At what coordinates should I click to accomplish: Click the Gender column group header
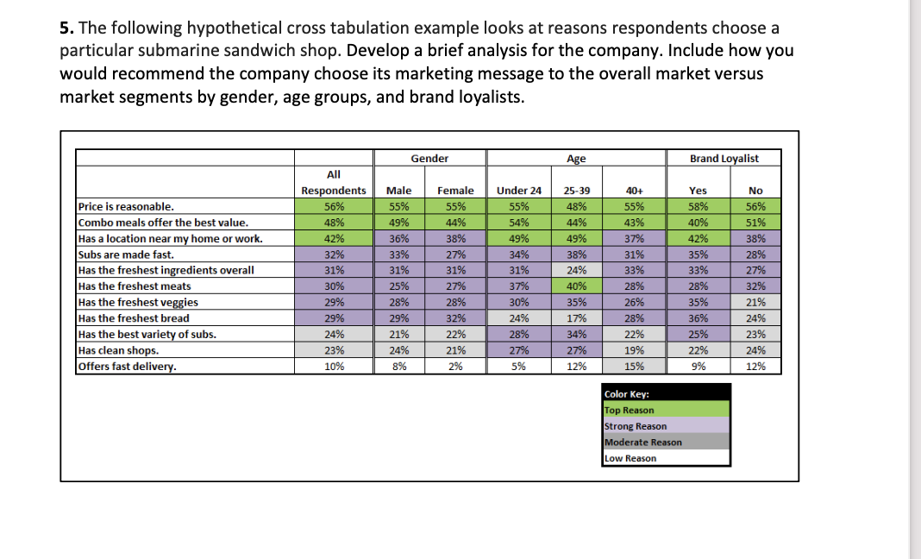click(429, 158)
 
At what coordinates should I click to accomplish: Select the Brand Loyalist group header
click(724, 158)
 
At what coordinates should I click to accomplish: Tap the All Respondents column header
click(334, 182)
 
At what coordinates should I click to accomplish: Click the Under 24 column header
click(518, 191)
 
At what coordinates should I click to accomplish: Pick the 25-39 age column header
click(576, 191)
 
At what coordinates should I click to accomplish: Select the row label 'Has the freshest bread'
click(134, 318)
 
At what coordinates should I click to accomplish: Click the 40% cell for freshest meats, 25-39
click(576, 286)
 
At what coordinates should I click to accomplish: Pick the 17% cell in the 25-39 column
click(576, 318)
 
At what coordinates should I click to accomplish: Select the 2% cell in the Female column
click(455, 367)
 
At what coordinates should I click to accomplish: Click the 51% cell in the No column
click(755, 223)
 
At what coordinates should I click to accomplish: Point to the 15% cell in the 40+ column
click(634, 367)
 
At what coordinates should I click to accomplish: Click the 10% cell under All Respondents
click(334, 367)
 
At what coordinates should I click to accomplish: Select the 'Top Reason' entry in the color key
click(630, 411)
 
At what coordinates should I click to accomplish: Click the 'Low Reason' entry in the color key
click(630, 458)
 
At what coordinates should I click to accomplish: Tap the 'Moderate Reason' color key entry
click(643, 443)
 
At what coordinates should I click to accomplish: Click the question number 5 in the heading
click(65, 28)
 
